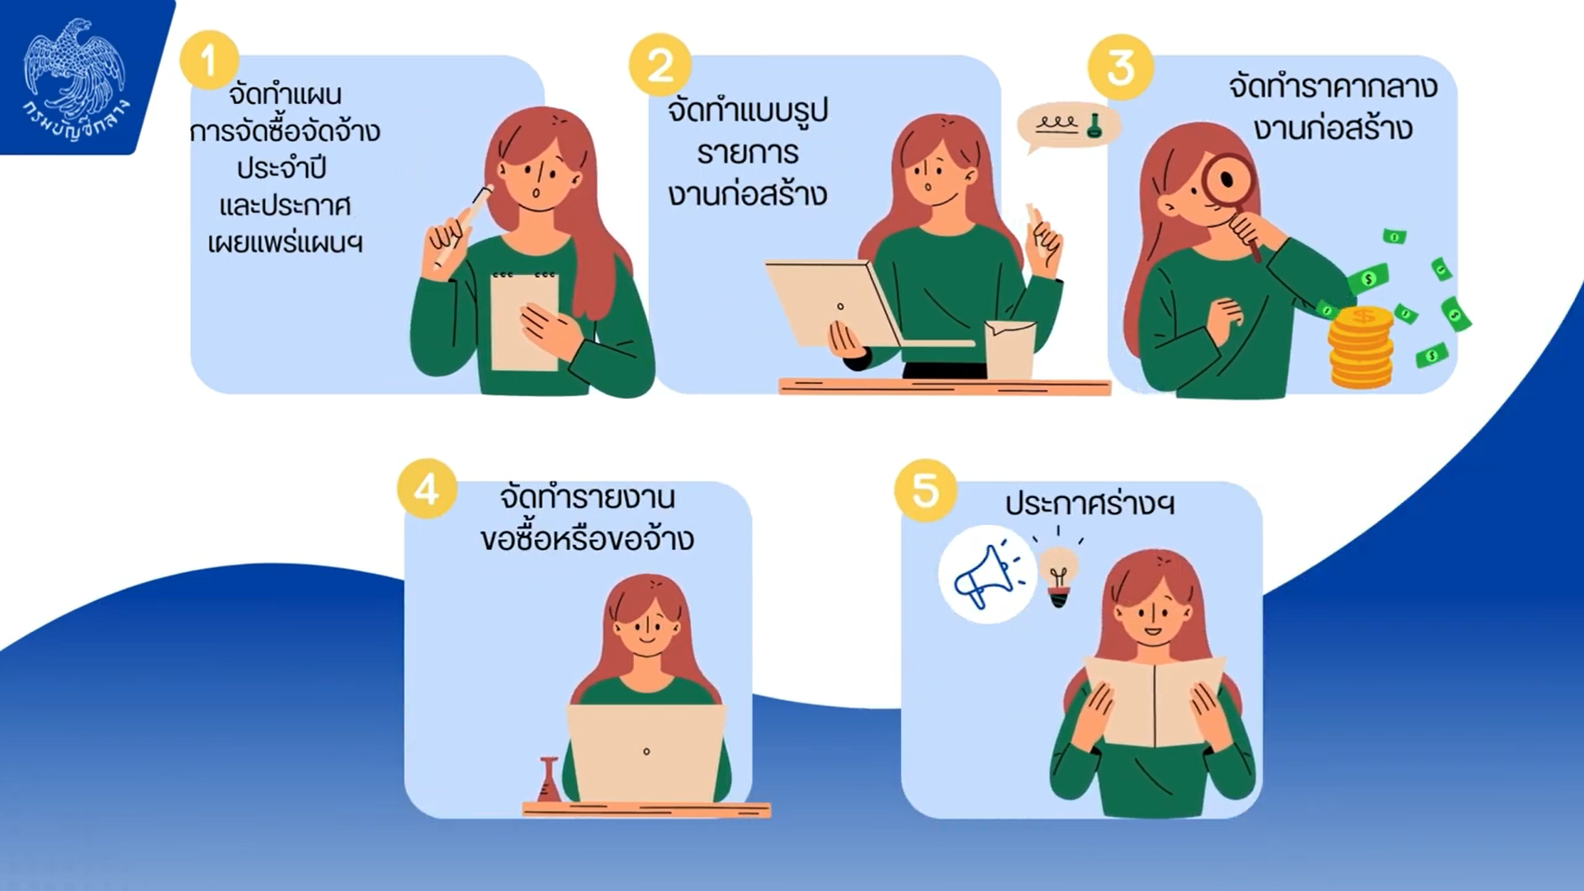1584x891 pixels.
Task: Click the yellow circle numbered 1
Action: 209,59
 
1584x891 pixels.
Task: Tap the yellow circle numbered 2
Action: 660,64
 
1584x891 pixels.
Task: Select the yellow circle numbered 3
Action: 1120,68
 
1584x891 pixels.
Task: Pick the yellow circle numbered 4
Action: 427,489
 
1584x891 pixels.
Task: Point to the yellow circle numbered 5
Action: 925,491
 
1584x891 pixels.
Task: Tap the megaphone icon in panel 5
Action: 987,574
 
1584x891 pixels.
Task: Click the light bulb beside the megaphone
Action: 1059,574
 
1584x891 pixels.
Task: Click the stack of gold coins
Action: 1360,347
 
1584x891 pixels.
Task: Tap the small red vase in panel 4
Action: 548,780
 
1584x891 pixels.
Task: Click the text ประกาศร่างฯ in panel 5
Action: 1090,503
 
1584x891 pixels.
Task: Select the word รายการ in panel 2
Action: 748,154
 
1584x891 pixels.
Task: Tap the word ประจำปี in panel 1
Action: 281,168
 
